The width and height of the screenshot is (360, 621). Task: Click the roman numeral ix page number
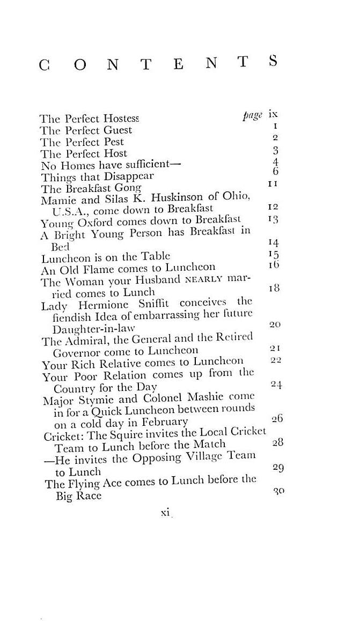coord(273,114)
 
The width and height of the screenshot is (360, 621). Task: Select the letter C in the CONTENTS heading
coord(45,64)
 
